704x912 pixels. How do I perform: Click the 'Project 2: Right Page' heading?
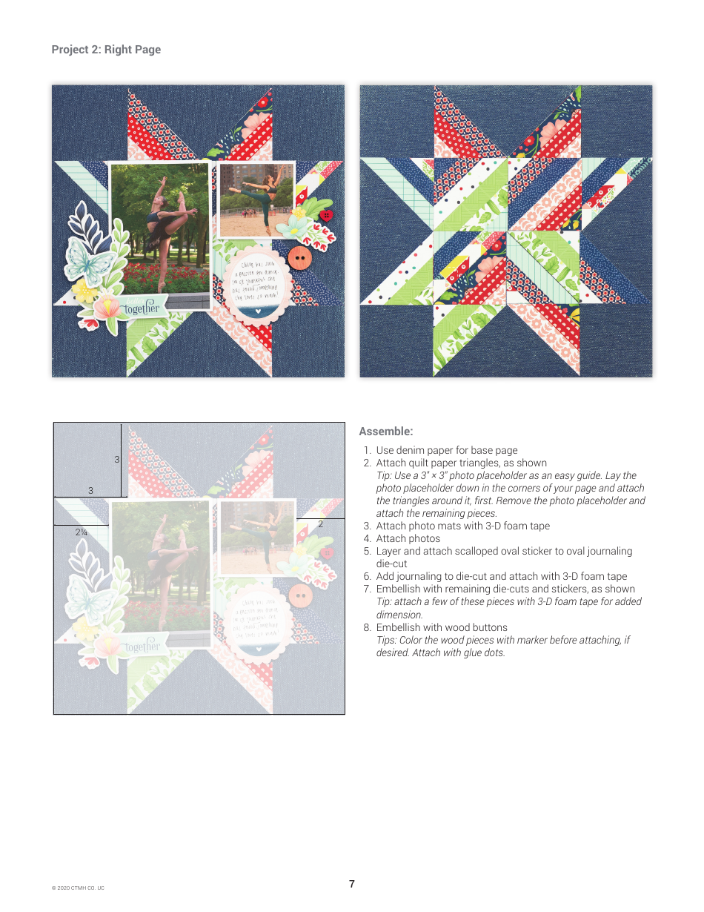pyautogui.click(x=106, y=50)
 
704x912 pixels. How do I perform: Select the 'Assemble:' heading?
pyautogui.click(x=385, y=432)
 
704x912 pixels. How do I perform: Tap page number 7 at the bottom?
pyautogui.click(x=352, y=884)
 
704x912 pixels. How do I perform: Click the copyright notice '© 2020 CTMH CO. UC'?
pyautogui.click(x=78, y=888)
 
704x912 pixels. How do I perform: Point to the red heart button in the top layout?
pyautogui.click(x=325, y=216)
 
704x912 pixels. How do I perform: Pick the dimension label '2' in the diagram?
pyautogui.click(x=320, y=524)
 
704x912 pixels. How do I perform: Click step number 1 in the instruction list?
pyautogui.click(x=366, y=450)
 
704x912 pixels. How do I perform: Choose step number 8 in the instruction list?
pyautogui.click(x=366, y=627)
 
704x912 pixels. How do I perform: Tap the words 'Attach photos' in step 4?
pyautogui.click(x=408, y=538)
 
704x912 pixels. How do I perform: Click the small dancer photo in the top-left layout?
pyautogui.click(x=256, y=200)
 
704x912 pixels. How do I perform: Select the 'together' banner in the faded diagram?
pyautogui.click(x=141, y=647)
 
